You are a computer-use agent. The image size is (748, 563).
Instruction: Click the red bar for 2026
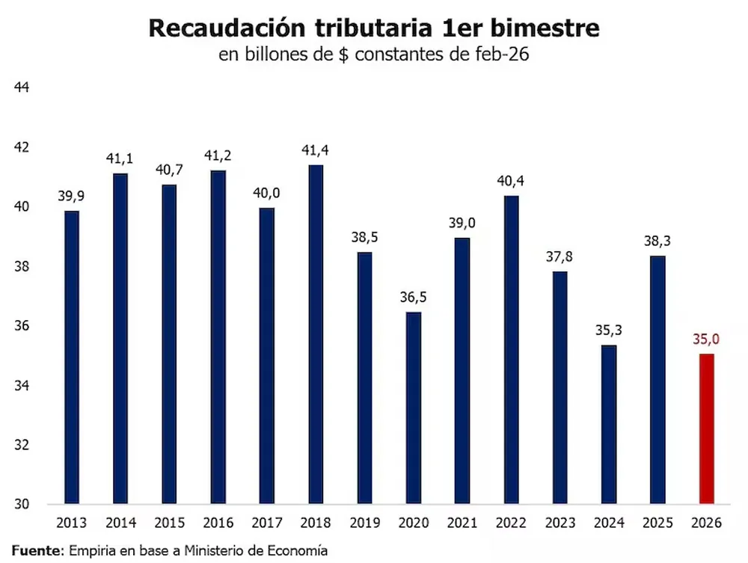coord(707,428)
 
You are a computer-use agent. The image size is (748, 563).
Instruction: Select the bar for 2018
coord(316,333)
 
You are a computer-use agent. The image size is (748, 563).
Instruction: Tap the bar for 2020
coord(414,407)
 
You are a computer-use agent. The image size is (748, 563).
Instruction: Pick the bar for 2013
coord(72,357)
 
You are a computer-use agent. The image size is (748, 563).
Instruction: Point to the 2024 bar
coord(609,424)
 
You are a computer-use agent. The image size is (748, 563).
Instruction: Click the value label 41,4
coord(316,151)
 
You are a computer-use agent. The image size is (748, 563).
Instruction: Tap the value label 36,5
coord(414,298)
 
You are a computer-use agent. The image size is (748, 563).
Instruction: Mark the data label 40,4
coord(512,181)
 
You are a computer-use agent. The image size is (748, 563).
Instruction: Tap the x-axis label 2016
coord(218,523)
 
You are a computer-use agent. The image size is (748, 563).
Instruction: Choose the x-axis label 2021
coord(462,523)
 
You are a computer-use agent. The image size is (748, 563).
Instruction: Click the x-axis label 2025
coord(657,523)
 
